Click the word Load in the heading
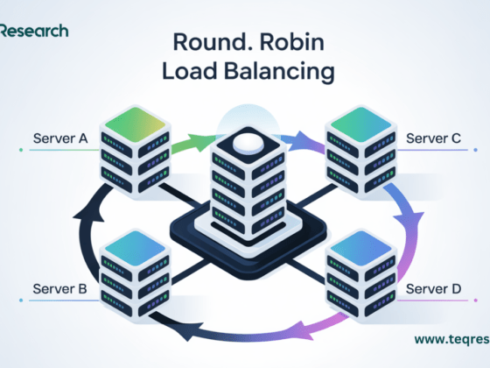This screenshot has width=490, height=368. (185, 72)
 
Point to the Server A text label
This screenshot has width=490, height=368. (60, 139)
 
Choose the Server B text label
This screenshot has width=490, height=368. (60, 287)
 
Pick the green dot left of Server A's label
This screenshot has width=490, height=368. (19, 150)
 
